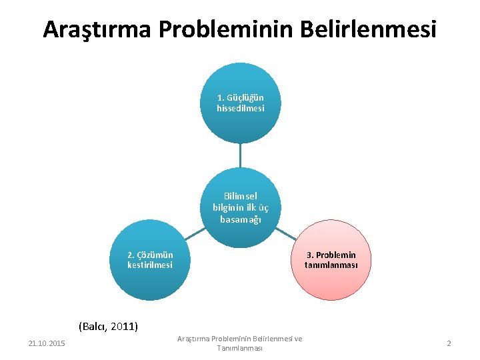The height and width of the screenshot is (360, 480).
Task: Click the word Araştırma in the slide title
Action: pyautogui.click(x=97, y=29)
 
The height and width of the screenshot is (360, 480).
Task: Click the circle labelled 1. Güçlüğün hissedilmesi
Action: pyautogui.click(x=240, y=103)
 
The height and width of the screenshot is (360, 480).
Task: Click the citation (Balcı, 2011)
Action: pyautogui.click(x=108, y=327)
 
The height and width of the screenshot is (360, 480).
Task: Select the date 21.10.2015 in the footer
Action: pyautogui.click(x=47, y=343)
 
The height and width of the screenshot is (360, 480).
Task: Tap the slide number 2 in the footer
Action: pyautogui.click(x=449, y=343)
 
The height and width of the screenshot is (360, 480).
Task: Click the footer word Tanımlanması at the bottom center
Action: pyautogui.click(x=239, y=349)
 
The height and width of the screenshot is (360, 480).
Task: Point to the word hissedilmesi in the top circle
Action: pyautogui.click(x=240, y=108)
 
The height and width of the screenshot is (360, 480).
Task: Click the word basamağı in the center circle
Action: pyautogui.click(x=240, y=218)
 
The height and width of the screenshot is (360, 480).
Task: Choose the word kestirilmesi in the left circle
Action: pyautogui.click(x=150, y=265)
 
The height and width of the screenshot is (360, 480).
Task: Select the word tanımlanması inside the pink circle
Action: pyautogui.click(x=331, y=265)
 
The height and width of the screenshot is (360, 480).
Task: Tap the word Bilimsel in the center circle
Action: pyautogui.click(x=240, y=197)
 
